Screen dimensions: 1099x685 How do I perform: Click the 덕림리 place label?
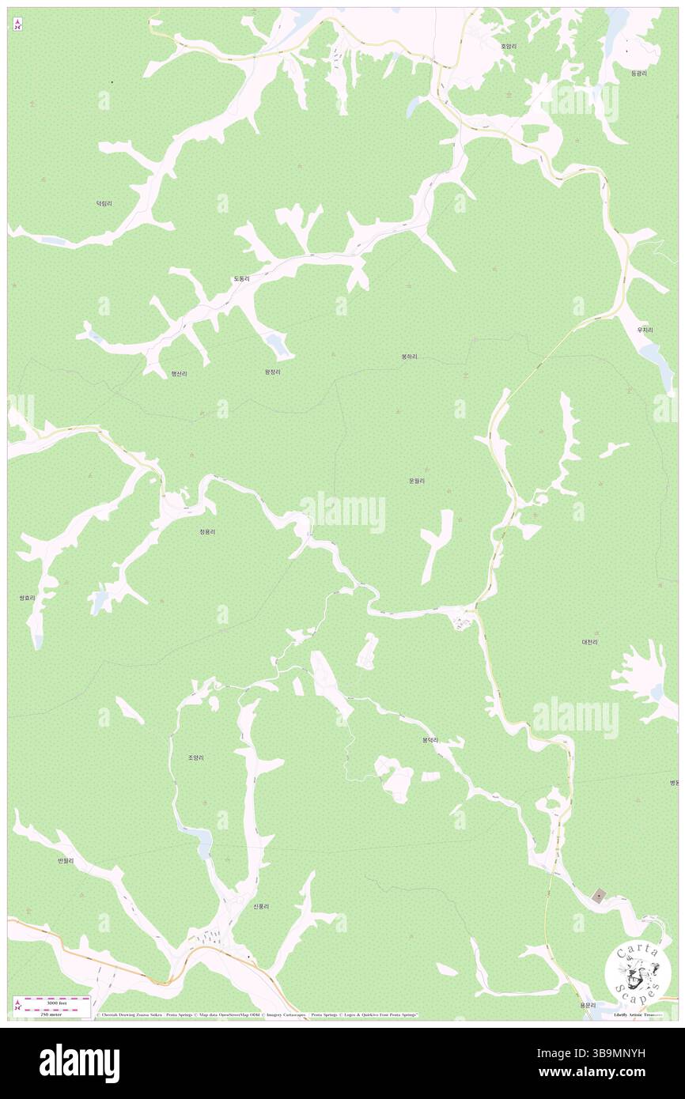(x=104, y=203)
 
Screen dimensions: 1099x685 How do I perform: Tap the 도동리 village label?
(x=241, y=279)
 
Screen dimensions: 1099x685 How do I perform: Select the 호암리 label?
(x=509, y=47)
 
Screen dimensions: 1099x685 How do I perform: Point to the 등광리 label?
(x=639, y=73)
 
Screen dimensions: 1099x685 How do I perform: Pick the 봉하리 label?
(x=409, y=357)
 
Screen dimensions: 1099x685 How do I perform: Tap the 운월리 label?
(x=417, y=480)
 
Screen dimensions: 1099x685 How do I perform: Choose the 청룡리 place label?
(x=207, y=532)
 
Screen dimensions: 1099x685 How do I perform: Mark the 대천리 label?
(x=589, y=642)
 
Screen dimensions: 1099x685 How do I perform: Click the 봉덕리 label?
(x=430, y=741)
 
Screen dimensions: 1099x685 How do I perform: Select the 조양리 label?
(x=196, y=757)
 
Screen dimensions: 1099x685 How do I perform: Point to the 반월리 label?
(x=65, y=860)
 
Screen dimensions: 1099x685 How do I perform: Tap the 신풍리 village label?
(x=261, y=906)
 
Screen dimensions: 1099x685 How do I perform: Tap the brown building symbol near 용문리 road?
(x=600, y=896)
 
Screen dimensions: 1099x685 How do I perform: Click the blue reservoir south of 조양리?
(x=202, y=839)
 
